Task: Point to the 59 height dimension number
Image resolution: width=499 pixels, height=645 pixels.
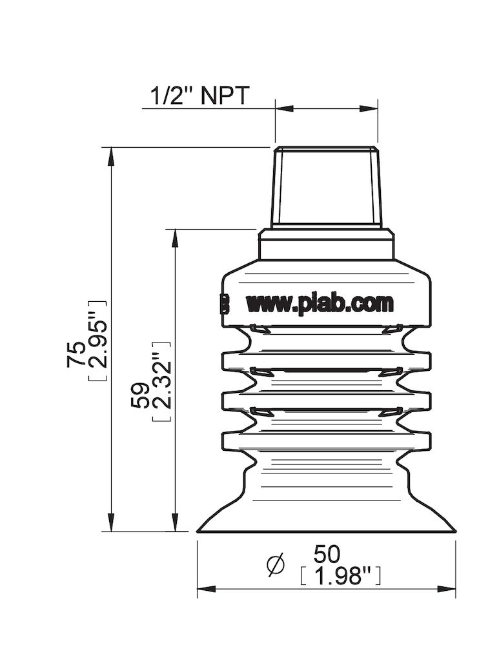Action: pyautogui.click(x=139, y=393)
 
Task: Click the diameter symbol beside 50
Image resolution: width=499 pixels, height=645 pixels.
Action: pyautogui.click(x=276, y=565)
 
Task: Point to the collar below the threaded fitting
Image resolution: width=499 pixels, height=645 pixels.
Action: pyautogui.click(x=326, y=244)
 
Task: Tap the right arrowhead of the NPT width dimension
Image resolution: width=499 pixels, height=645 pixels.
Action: pyautogui.click(x=371, y=108)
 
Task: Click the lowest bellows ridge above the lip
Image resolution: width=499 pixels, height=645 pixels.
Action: pyautogui.click(x=326, y=440)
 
